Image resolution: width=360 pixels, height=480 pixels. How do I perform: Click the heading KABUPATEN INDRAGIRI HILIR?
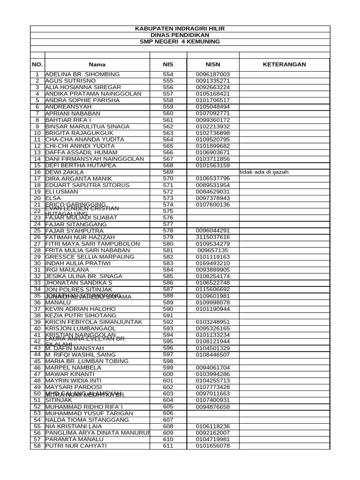[x=180, y=29]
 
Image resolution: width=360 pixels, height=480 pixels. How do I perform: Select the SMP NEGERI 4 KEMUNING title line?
[x=180, y=42]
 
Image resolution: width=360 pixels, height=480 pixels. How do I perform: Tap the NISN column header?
[x=213, y=64]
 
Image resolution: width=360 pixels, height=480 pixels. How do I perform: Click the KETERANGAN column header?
[x=284, y=64]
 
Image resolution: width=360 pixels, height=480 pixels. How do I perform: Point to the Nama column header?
[x=97, y=64]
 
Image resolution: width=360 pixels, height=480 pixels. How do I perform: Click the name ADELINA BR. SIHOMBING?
[x=82, y=75]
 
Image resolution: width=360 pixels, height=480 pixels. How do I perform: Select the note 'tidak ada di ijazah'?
[x=264, y=172]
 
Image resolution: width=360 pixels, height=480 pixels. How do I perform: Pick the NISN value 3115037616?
[x=213, y=237]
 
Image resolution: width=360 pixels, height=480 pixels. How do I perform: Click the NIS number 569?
[x=168, y=172]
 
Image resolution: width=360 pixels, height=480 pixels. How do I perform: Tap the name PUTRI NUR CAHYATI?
[x=76, y=446]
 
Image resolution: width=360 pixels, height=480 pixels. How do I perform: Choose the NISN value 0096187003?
[x=213, y=75]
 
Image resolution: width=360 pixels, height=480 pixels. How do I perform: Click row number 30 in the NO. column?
[x=37, y=263]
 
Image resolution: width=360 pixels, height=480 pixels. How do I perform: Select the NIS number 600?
[x=168, y=374]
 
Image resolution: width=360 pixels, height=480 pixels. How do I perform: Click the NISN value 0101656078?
[x=213, y=446]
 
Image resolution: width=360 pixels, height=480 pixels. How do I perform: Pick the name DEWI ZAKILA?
[x=64, y=172]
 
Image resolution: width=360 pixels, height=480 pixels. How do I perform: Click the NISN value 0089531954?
[x=213, y=185]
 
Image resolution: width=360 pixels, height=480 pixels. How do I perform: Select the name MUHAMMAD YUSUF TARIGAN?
[x=89, y=413]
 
